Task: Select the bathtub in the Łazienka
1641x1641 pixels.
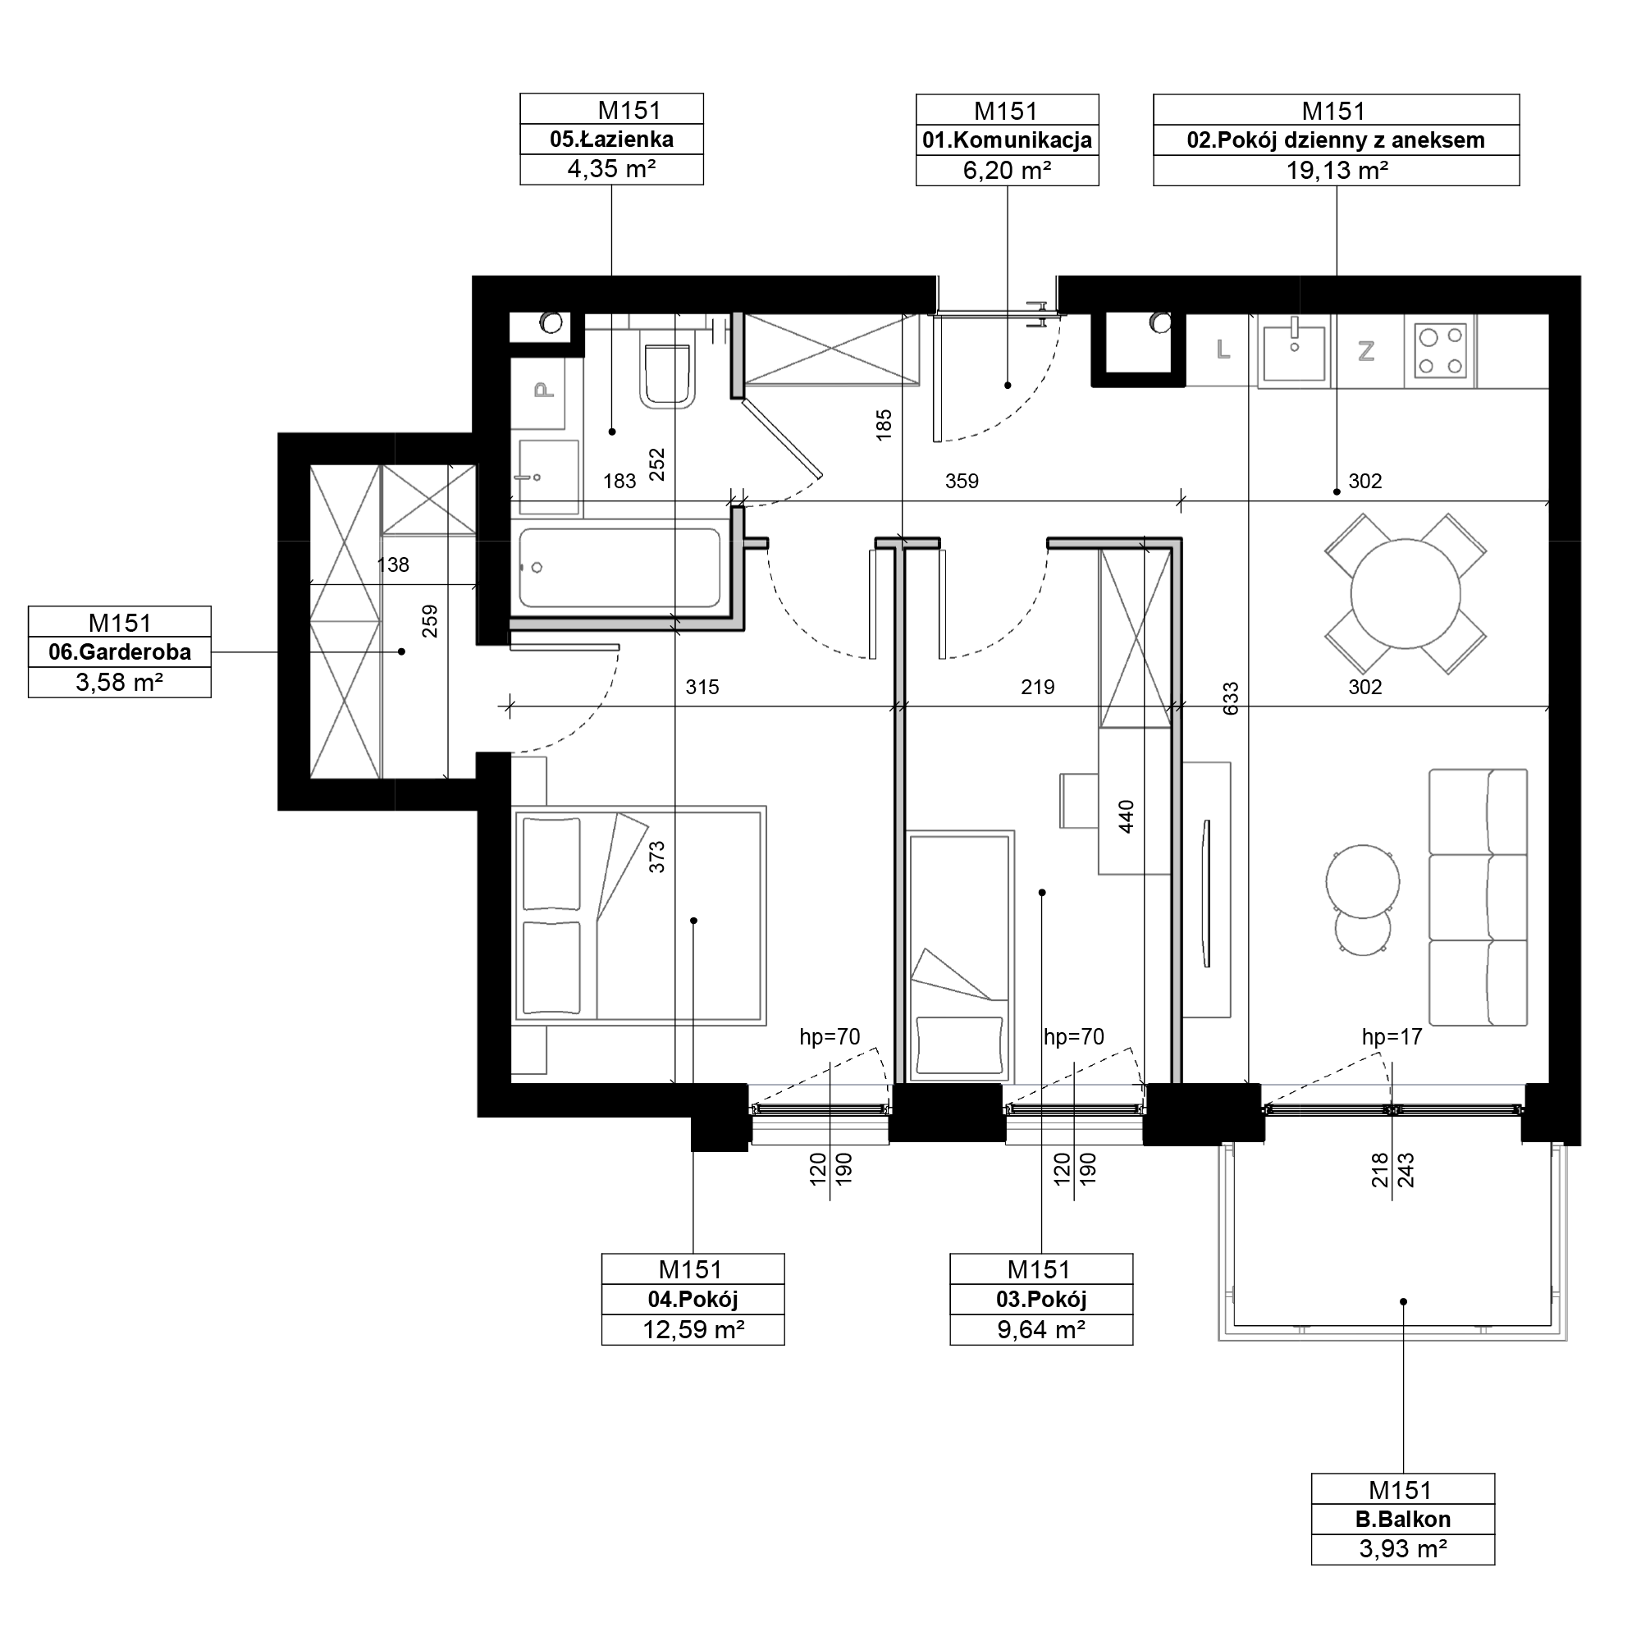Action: (620, 568)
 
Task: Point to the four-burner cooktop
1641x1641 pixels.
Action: (1440, 352)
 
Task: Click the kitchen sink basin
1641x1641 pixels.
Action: (1294, 352)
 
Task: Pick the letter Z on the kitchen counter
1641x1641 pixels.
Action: (1366, 351)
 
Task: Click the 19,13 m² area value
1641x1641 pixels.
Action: (1336, 170)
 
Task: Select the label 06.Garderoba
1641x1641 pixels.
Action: (120, 652)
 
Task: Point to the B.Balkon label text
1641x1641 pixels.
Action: (1403, 1519)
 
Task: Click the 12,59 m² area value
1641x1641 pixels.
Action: (693, 1329)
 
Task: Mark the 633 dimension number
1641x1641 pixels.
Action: (1231, 699)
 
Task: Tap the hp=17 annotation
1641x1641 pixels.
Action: (1392, 1036)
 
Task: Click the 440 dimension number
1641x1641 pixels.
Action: (1127, 816)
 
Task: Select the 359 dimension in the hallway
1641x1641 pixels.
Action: (962, 481)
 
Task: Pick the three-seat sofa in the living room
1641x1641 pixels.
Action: (1479, 898)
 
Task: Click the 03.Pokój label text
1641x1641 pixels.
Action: (1041, 1300)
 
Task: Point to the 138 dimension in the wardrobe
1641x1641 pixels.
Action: (392, 565)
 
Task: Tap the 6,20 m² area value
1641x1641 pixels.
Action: (1008, 170)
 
